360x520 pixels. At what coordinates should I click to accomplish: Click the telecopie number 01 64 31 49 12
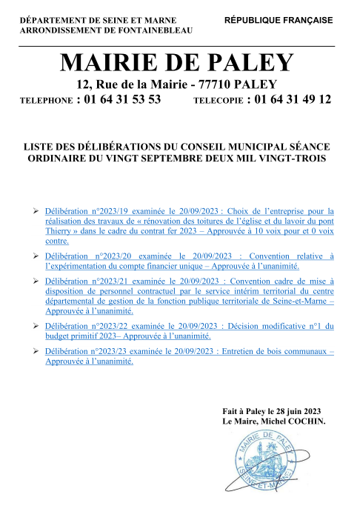(x=291, y=100)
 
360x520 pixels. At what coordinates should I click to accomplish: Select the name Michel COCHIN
(x=293, y=421)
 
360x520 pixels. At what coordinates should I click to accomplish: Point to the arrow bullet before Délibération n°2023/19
(x=36, y=210)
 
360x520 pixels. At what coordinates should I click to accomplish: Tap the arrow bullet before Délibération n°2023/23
(x=36, y=351)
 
